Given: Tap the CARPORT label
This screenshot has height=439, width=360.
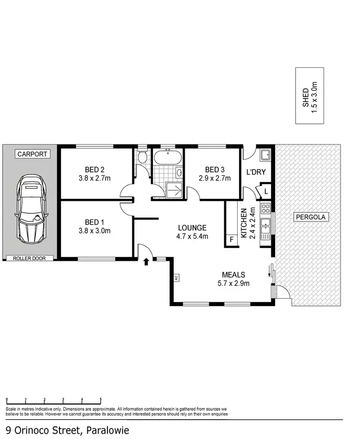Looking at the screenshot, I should coord(32,154).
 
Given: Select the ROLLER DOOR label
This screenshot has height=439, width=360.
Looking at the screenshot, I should coord(30,258).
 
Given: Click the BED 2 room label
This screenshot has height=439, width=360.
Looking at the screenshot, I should coord(95,169).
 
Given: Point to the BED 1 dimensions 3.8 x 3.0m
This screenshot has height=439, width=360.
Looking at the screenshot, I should coord(95,231).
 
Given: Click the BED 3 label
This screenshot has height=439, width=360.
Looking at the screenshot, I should coord(215,169).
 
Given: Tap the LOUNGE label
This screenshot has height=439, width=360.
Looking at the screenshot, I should coord(192,228).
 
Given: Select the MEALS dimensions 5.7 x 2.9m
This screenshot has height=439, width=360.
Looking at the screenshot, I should coord(233,283).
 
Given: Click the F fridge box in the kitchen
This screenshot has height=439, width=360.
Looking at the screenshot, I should coord(231,240).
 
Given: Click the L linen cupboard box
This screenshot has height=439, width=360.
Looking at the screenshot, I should coord(265,192).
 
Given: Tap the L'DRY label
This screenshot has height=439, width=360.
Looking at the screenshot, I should coord(256,172).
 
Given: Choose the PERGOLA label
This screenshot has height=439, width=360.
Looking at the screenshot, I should coord(310,217).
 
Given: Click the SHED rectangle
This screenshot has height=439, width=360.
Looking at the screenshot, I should coord(309,96).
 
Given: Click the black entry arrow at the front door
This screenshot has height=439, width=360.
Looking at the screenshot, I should coord(146,261).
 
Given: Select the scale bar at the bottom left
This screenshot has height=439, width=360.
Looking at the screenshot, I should coord(54,400).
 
